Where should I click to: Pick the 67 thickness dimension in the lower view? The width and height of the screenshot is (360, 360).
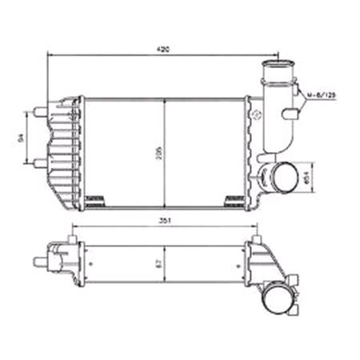pos(159,262)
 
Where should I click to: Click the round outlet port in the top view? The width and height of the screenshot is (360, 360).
pos(283,175)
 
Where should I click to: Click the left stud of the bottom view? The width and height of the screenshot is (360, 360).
pos(40,260)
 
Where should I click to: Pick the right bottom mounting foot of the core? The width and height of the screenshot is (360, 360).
pos(234,197)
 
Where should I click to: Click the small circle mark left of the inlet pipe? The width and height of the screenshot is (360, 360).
pos(257,114)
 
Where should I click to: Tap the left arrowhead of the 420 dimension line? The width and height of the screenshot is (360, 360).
pos(50,54)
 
